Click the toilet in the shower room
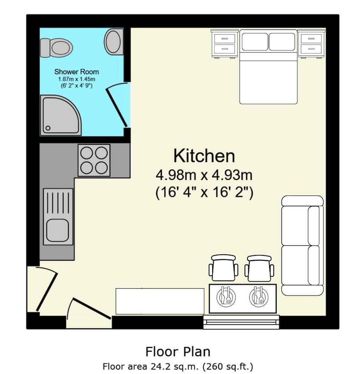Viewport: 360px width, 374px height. click(x=56, y=48)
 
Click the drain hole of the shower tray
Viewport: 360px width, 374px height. click(x=48, y=128)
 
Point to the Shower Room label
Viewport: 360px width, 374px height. click(x=77, y=71)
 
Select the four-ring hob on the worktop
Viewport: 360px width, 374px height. click(x=94, y=160)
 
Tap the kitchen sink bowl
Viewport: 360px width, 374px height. click(x=58, y=230)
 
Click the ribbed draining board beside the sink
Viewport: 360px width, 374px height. click(x=58, y=203)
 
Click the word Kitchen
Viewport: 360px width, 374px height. click(x=204, y=156)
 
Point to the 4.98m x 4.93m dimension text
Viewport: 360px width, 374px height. click(x=204, y=175)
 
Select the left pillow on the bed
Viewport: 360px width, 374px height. click(x=255, y=42)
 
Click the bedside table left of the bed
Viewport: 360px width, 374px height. click(x=225, y=44)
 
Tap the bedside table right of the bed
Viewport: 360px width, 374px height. click(x=311, y=44)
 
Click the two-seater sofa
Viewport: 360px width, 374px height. click(x=302, y=245)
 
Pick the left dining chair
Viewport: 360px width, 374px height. click(x=224, y=268)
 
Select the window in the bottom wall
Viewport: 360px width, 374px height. click(x=241, y=322)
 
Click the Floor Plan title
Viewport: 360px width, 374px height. click(x=178, y=352)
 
